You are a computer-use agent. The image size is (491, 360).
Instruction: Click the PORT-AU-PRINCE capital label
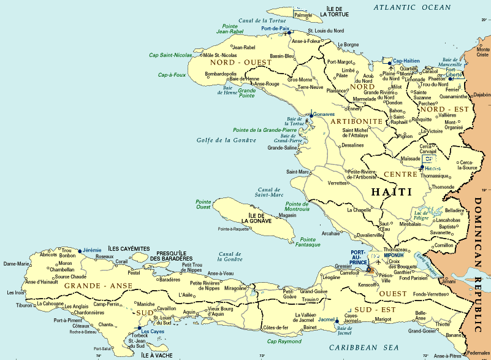pos(359,257)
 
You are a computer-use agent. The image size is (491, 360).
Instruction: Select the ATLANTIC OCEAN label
pos(413,7)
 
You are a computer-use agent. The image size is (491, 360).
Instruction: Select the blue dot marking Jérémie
pos(80,250)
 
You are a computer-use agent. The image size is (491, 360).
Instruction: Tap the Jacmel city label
pos(327,320)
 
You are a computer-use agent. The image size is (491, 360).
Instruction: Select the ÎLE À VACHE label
pos(157,354)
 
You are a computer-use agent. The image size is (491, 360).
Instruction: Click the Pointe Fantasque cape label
pos(308,242)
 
